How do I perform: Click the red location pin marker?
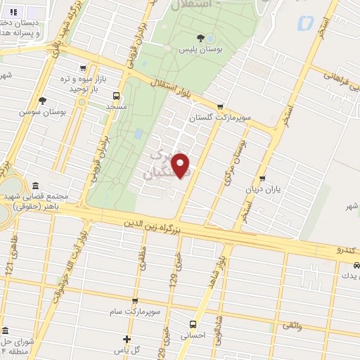pyautogui.click(x=181, y=165)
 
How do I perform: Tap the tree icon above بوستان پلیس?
pyautogui.click(x=202, y=38)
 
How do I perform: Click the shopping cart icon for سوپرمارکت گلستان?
pyautogui.click(x=220, y=107)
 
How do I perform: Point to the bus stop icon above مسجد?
pyautogui.click(x=116, y=96)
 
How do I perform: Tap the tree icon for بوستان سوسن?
pyautogui.click(x=42, y=101)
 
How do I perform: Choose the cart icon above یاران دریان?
pyautogui.click(x=262, y=179)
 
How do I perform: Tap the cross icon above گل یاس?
pyautogui.click(x=127, y=339)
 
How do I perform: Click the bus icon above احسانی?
pyautogui.click(x=193, y=324)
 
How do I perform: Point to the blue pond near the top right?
pyautogui.click(x=305, y=23)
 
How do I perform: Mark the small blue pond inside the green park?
pyautogui.click(x=138, y=133)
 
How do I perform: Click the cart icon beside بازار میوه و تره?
pyautogui.click(x=84, y=69)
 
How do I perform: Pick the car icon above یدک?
pyautogui.click(x=356, y=265)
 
